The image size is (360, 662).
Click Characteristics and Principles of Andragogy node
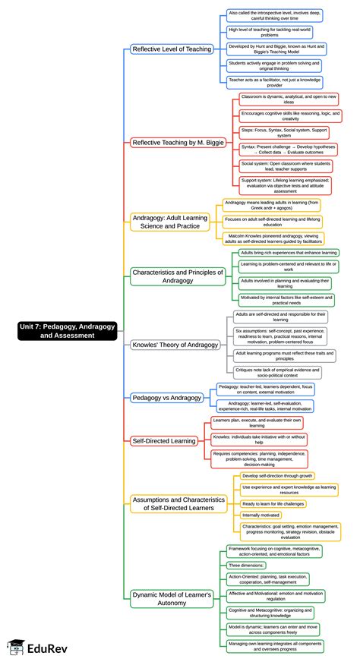point(178,276)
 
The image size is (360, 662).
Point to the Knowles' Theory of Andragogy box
point(175,345)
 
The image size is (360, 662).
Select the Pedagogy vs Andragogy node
point(167,397)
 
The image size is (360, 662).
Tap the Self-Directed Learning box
point(165,440)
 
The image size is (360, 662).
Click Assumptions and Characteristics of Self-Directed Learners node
point(178,504)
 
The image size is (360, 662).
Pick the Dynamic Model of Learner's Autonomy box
point(172,600)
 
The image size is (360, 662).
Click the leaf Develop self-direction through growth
point(273,475)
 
